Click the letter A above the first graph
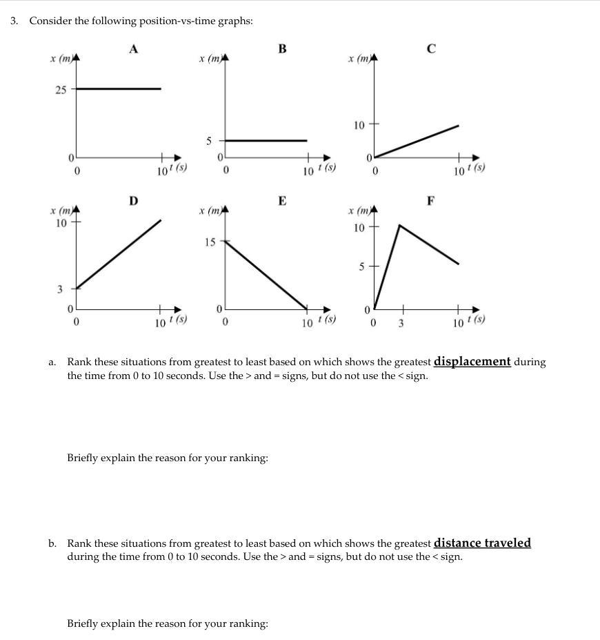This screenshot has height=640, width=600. pos(134,48)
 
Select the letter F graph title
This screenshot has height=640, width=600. pos(431,201)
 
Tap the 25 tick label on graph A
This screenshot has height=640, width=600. pos(61,90)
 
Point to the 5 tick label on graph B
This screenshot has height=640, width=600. pos(209,141)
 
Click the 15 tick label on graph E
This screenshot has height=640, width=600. pos(209,242)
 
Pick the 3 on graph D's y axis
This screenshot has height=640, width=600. pos(59,289)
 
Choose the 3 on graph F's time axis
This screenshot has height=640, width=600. pos(401,322)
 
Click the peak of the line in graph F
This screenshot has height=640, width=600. pos(400,224)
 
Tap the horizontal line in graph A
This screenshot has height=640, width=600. pos(117,88)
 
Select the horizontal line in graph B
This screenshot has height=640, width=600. pos(267,140)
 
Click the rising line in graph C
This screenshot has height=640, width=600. pos(417,142)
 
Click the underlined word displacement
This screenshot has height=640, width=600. pos(472,361)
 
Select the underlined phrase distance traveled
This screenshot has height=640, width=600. pos(482,543)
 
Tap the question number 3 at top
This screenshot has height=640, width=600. pos(14,21)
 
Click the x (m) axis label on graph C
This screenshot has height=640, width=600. pos(359,59)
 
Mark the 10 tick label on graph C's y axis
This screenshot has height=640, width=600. pos(359,125)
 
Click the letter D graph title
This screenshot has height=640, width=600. pos(133,201)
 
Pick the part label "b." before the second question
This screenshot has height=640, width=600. pos(52,544)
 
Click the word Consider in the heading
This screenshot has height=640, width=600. pos(50,21)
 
